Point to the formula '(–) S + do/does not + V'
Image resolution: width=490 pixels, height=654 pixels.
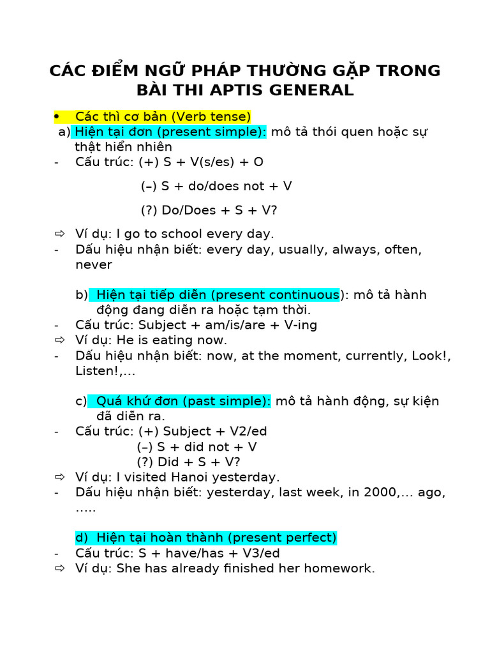pyautogui.click(x=216, y=186)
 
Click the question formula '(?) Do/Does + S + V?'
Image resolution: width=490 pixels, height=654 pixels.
pyautogui.click(x=209, y=210)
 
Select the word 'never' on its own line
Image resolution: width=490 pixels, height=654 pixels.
pyautogui.click(x=93, y=264)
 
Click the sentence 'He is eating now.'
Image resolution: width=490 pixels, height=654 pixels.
pyautogui.click(x=172, y=340)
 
